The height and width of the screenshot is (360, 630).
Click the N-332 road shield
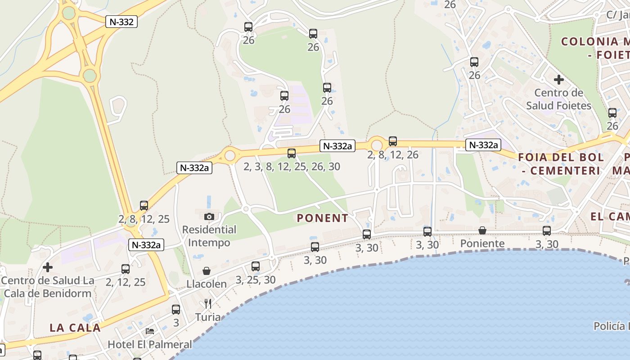(x=121, y=22)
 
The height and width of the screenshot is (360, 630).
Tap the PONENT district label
(x=322, y=218)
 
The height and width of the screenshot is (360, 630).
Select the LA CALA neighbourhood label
(x=75, y=328)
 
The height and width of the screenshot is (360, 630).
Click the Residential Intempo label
(x=209, y=236)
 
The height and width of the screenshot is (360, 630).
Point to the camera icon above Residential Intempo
(x=209, y=216)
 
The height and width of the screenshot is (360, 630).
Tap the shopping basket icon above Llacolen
(x=207, y=271)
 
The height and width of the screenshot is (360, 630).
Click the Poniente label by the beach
(x=482, y=243)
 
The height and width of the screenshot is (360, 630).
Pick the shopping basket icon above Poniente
(x=482, y=230)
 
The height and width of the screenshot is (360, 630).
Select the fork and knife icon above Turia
(x=207, y=304)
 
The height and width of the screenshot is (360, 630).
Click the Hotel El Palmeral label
(x=149, y=344)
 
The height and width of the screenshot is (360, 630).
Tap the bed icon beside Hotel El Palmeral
(x=150, y=331)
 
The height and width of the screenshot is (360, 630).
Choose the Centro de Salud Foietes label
(x=558, y=99)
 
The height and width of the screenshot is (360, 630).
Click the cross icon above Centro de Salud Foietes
(x=558, y=80)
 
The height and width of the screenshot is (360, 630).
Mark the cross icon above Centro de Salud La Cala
(x=47, y=267)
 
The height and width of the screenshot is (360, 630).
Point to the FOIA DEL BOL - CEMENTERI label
(x=561, y=164)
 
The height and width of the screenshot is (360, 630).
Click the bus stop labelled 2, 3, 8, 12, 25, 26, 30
(x=292, y=153)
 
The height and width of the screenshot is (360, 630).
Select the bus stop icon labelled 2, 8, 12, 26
(x=393, y=141)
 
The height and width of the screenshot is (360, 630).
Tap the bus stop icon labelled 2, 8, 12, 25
(x=144, y=206)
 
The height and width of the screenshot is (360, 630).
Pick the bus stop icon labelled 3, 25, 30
(x=256, y=266)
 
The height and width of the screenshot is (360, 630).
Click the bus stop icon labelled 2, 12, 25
(x=126, y=269)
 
